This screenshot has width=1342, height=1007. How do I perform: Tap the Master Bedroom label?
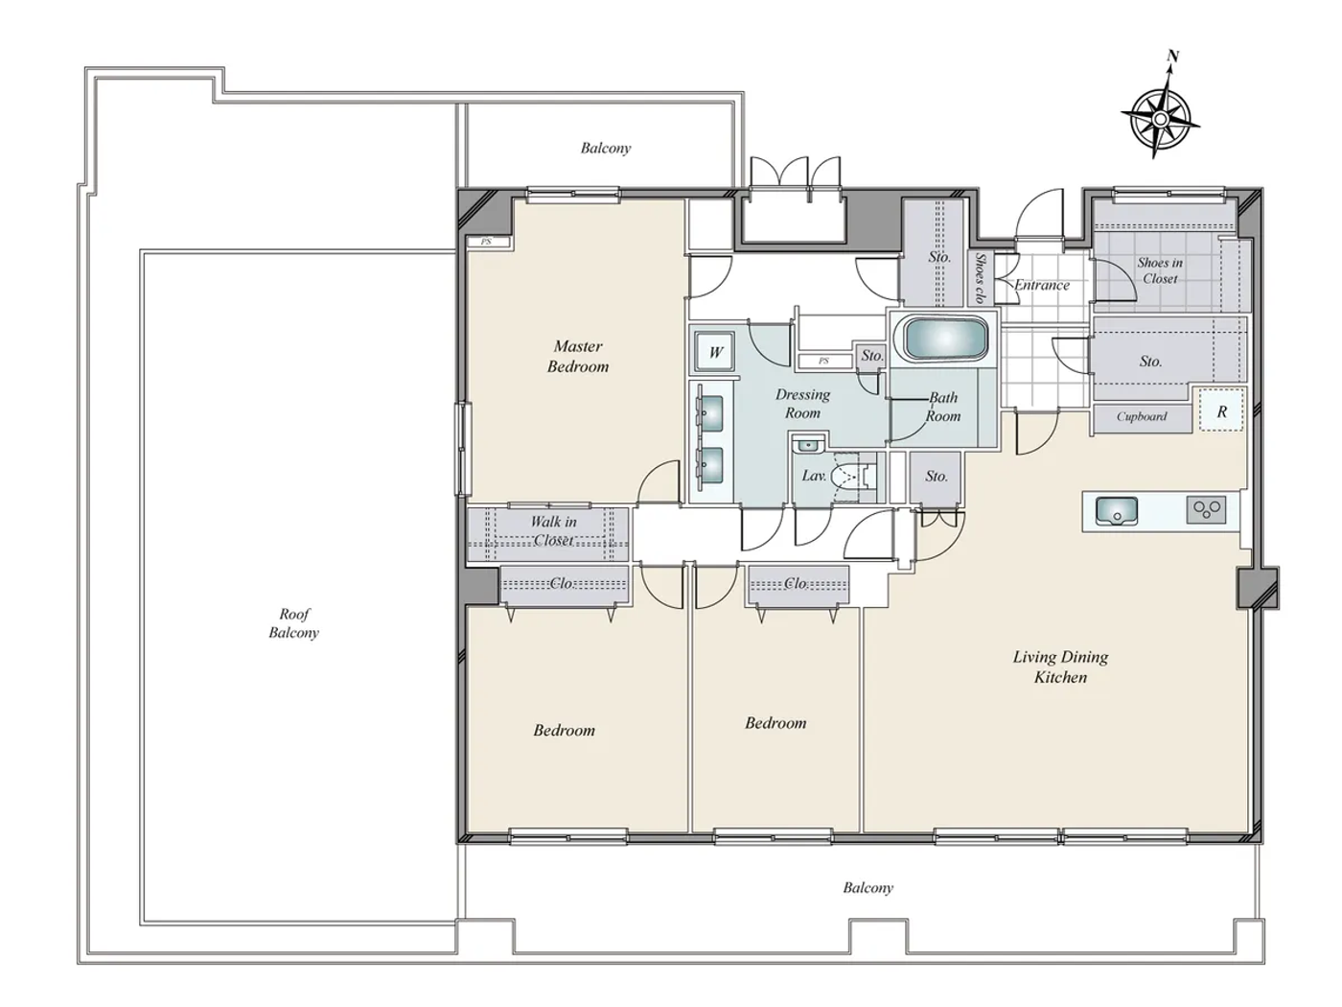(x=578, y=356)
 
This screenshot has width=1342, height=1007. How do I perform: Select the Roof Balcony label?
(x=293, y=622)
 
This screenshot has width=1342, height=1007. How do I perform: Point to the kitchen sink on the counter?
(x=1116, y=510)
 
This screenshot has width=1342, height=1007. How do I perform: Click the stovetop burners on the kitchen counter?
(x=1206, y=509)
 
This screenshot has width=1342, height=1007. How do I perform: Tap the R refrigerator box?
(x=1221, y=411)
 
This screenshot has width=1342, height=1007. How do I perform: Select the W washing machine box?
(x=715, y=352)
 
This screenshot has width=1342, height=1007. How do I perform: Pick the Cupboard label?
(x=1142, y=416)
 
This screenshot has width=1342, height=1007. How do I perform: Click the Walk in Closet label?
(x=553, y=530)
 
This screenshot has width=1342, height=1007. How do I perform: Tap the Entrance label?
(x=1042, y=285)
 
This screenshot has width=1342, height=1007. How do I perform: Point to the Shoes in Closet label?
(x=1160, y=270)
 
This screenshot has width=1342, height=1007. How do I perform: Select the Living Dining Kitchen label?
(x=1060, y=667)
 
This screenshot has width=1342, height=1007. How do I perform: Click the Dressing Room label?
(x=803, y=404)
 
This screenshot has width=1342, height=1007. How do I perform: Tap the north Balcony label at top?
(x=606, y=148)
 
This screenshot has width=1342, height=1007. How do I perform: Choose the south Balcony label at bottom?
(x=868, y=888)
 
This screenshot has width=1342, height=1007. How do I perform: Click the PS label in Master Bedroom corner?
(x=486, y=242)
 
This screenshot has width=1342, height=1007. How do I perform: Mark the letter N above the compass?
(x=1172, y=57)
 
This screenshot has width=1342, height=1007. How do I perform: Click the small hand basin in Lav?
(x=809, y=444)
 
